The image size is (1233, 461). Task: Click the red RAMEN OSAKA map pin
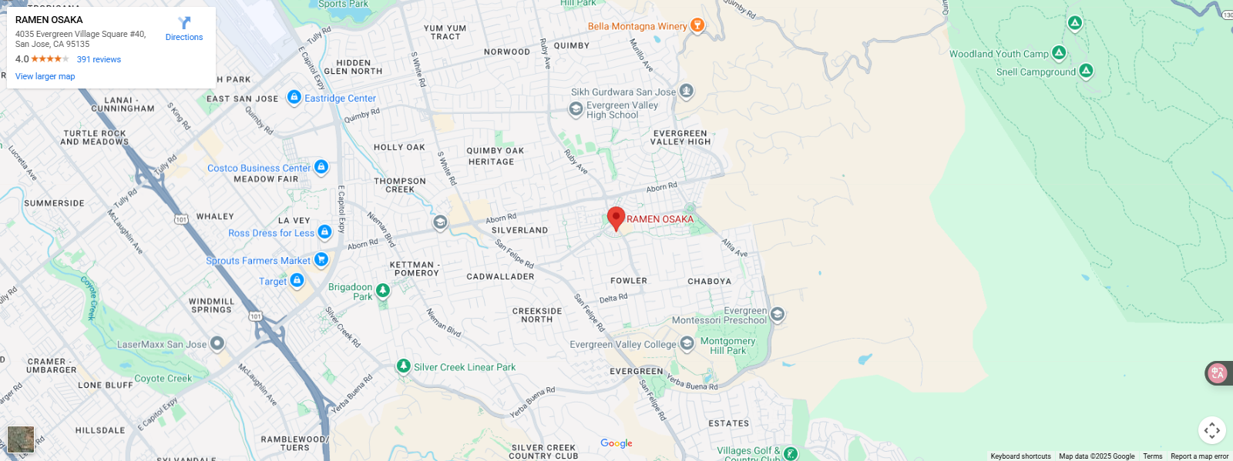(x=616, y=218)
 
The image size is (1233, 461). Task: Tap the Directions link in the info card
(x=184, y=29)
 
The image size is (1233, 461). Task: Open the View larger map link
(x=45, y=76)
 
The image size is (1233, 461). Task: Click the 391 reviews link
(x=99, y=59)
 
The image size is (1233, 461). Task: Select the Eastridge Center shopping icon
(x=294, y=97)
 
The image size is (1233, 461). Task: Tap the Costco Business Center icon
(x=321, y=167)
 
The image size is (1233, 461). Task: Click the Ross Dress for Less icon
(x=324, y=232)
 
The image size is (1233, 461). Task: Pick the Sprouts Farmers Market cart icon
(x=321, y=260)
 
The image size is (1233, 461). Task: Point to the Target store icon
(x=297, y=281)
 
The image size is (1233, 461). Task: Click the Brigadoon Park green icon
(x=383, y=290)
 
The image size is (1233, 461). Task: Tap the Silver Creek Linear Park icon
(x=403, y=366)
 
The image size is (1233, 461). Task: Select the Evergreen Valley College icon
(x=687, y=344)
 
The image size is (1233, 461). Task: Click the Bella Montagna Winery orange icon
(x=697, y=25)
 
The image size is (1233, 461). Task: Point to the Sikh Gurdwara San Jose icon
(x=686, y=92)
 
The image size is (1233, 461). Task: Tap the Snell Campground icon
(x=1086, y=71)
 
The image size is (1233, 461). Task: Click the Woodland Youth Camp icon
(x=1059, y=53)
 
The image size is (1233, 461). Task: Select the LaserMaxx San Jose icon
(x=217, y=343)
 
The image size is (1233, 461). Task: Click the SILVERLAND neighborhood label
(x=519, y=230)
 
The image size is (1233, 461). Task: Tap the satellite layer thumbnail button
(x=21, y=439)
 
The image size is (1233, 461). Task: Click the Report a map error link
(x=1199, y=456)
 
